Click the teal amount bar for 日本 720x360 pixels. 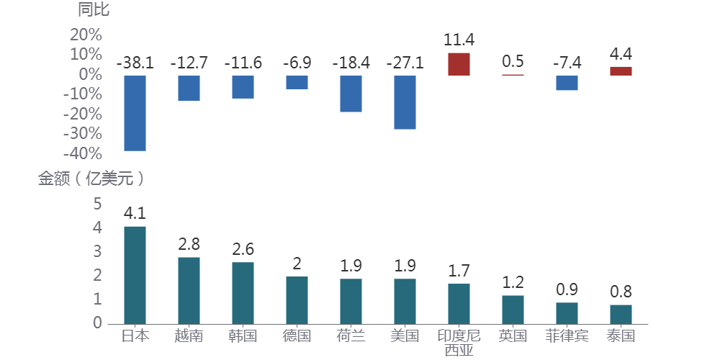coord(135,275)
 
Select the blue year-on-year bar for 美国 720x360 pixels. coord(405,102)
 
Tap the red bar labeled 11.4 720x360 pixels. coord(459,64)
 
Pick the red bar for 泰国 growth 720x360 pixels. coord(621,71)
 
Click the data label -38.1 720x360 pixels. coord(135,63)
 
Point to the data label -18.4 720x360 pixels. coord(351,63)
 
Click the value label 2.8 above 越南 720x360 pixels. coord(189,244)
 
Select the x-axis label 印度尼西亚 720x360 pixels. coord(459,343)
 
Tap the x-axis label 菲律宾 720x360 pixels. coord(567,336)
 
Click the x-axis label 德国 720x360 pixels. coord(297,336)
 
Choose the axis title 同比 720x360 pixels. coord(94,10)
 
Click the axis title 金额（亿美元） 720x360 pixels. coord(91,179)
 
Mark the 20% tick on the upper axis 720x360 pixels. coord(86,35)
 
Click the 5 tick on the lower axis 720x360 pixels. coord(98,204)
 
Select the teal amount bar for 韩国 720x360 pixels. coord(243,293)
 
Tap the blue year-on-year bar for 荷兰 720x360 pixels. coord(351,94)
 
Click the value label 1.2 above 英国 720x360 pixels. coord(513,282)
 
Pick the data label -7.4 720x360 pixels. coord(567,63)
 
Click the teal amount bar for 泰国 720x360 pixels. coord(621,314)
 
